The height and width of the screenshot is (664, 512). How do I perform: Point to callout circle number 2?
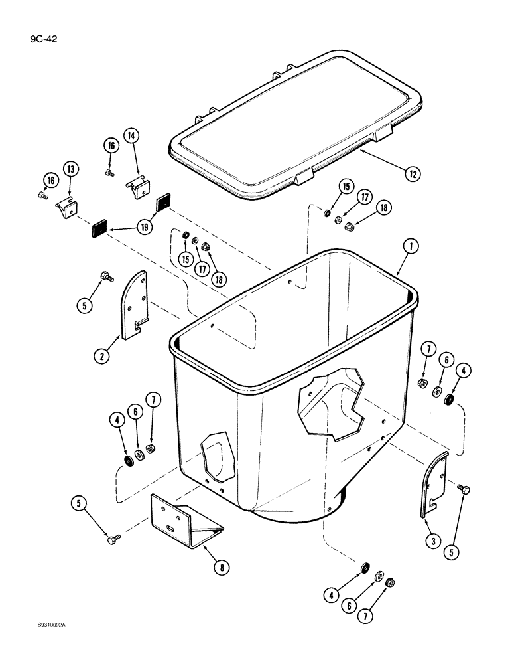[102, 356]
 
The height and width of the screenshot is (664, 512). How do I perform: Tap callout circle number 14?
[131, 136]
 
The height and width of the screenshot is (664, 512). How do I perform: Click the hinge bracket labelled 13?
[65, 208]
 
